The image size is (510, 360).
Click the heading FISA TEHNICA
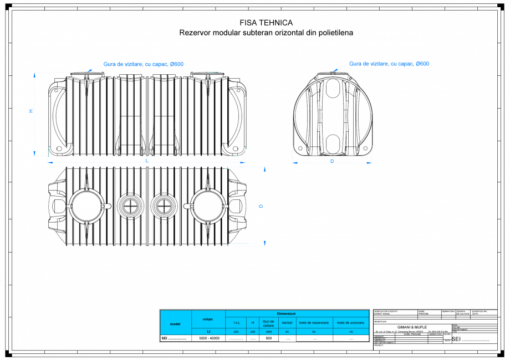pos(266,23)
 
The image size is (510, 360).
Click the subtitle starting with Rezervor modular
pos(266,33)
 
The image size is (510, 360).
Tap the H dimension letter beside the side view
pos(31,111)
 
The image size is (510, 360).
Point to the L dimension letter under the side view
pos(147,161)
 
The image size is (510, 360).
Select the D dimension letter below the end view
pos(332,161)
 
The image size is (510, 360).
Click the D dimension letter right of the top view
pos(261,206)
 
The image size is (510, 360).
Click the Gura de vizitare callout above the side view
pos(143,64)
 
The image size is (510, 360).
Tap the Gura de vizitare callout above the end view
pos(389,64)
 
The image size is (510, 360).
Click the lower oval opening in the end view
pos(333,143)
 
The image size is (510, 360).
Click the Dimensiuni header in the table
pos(286,313)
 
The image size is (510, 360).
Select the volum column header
pos(208,319)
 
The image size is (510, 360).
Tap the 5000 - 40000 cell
pos(209,338)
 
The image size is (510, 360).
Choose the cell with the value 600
pos(269,338)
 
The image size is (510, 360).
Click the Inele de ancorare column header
pos(351,322)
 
